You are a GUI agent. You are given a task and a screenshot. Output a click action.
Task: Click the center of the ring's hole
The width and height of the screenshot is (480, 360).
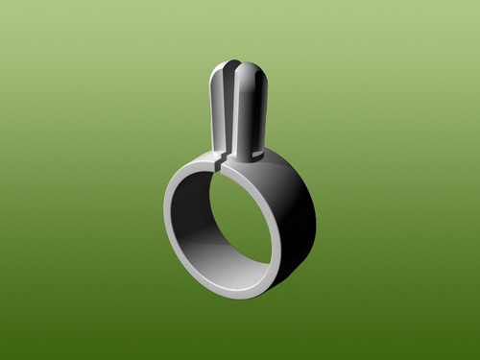coord(226,228)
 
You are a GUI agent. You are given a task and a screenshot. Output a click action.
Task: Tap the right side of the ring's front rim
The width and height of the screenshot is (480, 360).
coord(281,230)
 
